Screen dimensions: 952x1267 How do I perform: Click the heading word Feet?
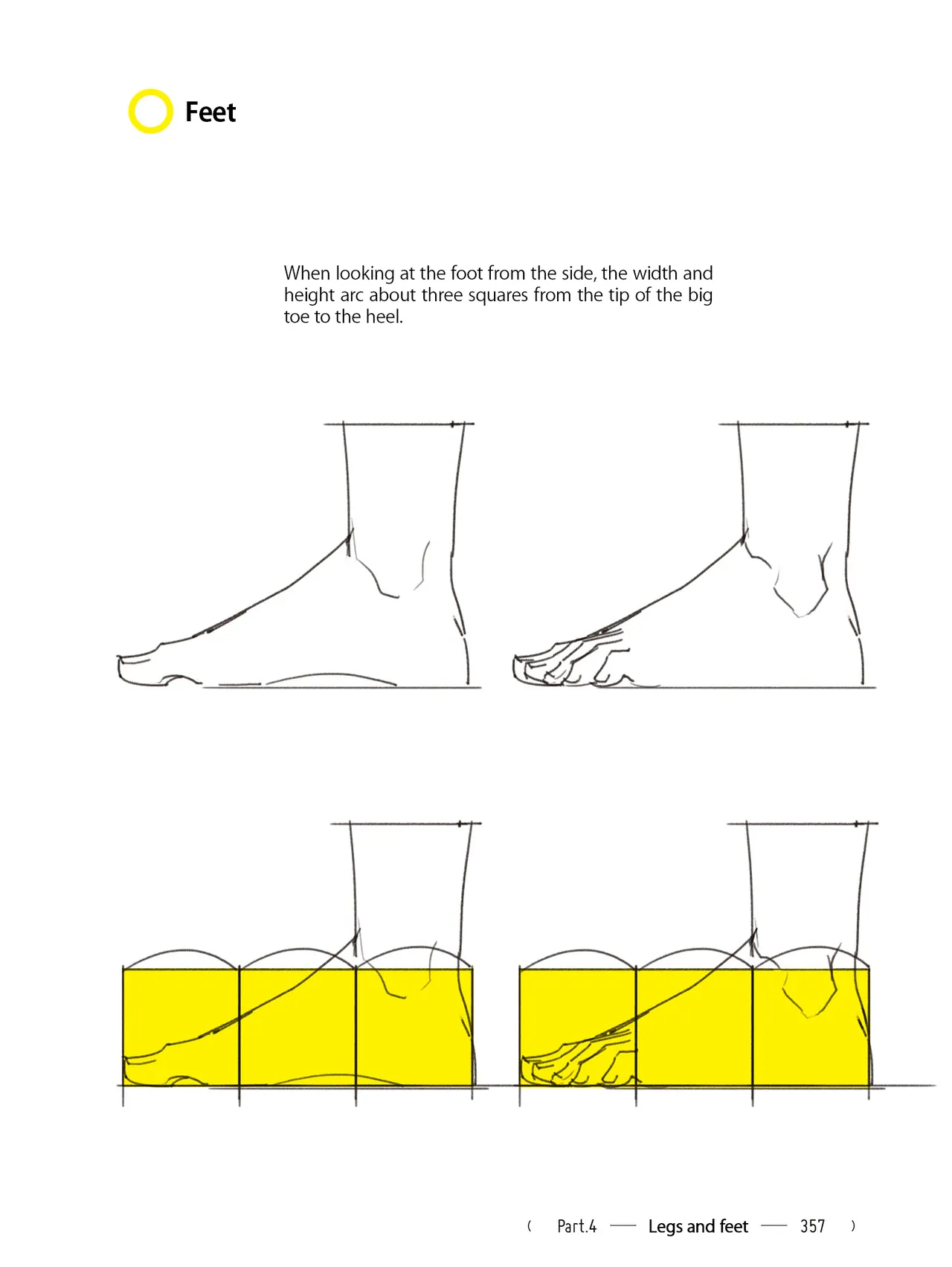click(x=210, y=112)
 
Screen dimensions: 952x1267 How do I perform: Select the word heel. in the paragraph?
click(x=385, y=317)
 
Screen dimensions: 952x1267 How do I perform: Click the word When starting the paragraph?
click(x=307, y=273)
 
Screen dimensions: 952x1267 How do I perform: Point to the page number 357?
click(x=813, y=1226)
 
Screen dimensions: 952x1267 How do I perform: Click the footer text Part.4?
click(x=577, y=1226)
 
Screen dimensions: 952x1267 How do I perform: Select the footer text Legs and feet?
click(x=698, y=1226)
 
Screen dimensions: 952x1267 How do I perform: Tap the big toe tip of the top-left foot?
click(x=119, y=668)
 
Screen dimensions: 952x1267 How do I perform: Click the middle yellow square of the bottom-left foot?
click(x=297, y=1027)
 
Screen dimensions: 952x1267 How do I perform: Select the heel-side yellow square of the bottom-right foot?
click(x=811, y=1027)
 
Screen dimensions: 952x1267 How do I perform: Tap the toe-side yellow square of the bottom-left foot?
click(x=181, y=1027)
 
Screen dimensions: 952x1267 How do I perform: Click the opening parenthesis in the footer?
click(x=530, y=1226)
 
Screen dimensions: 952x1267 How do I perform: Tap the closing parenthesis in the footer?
click(x=853, y=1226)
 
